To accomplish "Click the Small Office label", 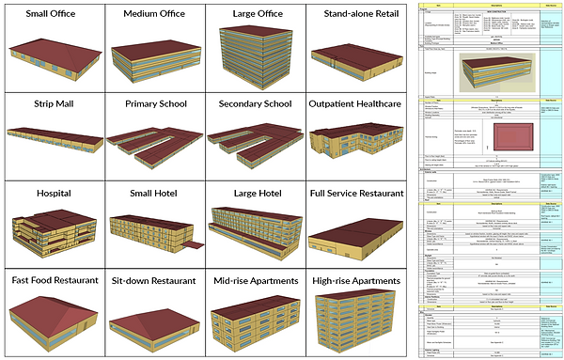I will click(53, 15).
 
